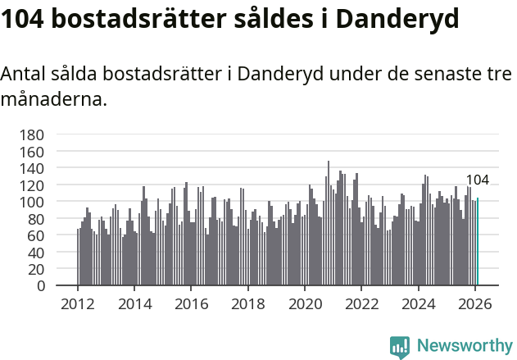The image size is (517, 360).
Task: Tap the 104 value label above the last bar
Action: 477,180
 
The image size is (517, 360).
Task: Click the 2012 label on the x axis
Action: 78,303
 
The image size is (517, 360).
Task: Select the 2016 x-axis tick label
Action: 191,303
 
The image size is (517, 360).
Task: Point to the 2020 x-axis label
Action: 305,303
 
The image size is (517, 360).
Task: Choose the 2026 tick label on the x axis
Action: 475,303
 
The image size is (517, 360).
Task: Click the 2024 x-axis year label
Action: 419,303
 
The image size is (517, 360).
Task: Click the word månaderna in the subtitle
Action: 53,101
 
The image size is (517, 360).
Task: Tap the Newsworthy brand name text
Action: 464,346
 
